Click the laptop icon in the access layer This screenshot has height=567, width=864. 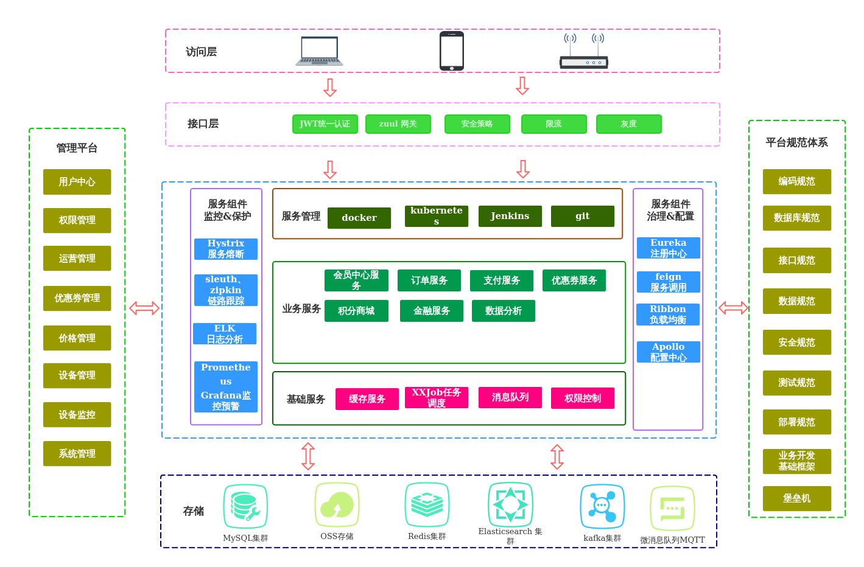(x=319, y=51)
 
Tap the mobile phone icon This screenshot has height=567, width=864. (x=452, y=51)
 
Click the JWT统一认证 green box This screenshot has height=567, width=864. (x=325, y=124)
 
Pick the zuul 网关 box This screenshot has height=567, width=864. (x=398, y=124)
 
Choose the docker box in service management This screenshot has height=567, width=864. (x=359, y=218)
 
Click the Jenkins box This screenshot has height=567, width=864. (x=510, y=216)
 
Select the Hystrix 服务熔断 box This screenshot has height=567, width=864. (x=226, y=249)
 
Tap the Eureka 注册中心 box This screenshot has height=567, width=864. (x=669, y=248)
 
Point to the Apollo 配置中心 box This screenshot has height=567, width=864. (x=669, y=352)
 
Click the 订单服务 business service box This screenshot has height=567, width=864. (x=429, y=280)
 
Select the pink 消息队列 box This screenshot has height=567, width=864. (x=510, y=397)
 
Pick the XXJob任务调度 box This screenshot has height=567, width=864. (x=437, y=398)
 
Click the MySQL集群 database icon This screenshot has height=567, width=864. (x=245, y=506)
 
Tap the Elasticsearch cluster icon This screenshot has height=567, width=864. (x=510, y=505)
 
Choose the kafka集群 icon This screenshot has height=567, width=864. (x=602, y=507)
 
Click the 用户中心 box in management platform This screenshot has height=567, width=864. (x=77, y=182)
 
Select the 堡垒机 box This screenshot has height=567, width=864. (x=797, y=498)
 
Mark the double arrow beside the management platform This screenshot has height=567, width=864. (x=144, y=308)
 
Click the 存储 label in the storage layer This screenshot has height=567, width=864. (x=194, y=511)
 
